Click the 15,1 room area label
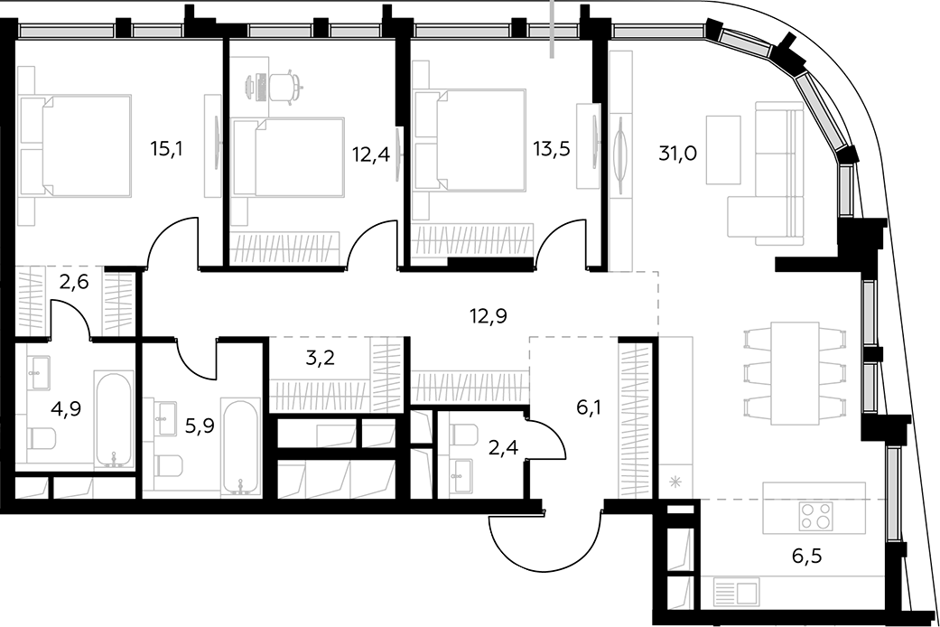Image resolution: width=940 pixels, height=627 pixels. click(166, 149)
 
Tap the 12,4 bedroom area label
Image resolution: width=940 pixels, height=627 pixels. click(371, 154)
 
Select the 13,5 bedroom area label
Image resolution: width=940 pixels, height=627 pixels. click(552, 149)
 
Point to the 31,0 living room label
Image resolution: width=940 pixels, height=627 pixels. click(677, 154)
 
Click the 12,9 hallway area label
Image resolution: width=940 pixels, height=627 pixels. click(489, 315)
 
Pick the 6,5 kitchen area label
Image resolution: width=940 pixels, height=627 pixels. click(807, 556)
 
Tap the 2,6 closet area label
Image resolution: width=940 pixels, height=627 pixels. click(74, 281)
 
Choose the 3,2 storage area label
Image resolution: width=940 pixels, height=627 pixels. click(321, 358)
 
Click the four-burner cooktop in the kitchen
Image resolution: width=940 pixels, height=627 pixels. click(816, 516)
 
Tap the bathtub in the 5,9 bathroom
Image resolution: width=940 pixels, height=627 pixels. click(240, 445)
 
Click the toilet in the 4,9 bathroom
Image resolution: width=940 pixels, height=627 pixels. click(42, 438)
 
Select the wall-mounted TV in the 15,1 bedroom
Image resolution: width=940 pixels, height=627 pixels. click(218, 145)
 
